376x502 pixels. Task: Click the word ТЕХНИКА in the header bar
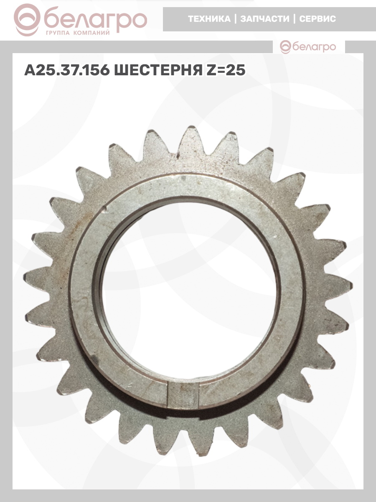209,19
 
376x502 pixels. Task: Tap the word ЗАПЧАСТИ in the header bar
265,19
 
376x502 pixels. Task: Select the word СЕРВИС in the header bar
318,19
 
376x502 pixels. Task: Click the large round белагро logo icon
27,20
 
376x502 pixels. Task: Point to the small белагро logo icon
286,47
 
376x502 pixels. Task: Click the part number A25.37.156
67,70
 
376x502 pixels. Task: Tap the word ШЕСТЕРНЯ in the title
158,70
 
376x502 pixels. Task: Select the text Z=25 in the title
226,70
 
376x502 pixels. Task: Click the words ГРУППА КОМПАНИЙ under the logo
78,33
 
